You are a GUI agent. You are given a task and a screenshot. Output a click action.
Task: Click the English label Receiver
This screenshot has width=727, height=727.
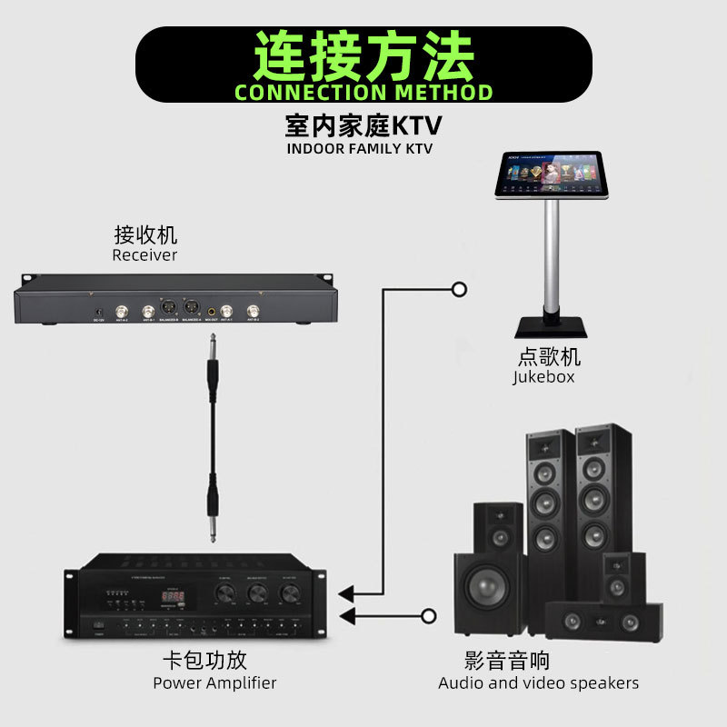coord(144,255)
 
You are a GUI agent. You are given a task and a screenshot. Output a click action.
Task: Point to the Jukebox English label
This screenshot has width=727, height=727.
coord(543,376)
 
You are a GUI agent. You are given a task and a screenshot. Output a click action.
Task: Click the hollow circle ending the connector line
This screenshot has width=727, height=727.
coord(460,290)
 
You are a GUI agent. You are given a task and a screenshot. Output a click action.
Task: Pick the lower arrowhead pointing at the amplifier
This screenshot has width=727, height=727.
coord(346,618)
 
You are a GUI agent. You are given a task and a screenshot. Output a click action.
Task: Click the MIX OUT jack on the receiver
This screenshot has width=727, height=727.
coord(211,308)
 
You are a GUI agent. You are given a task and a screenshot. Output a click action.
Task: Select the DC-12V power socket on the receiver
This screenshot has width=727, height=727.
coord(97,314)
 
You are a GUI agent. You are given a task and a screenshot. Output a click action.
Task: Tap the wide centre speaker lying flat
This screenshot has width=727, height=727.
coord(603,622)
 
